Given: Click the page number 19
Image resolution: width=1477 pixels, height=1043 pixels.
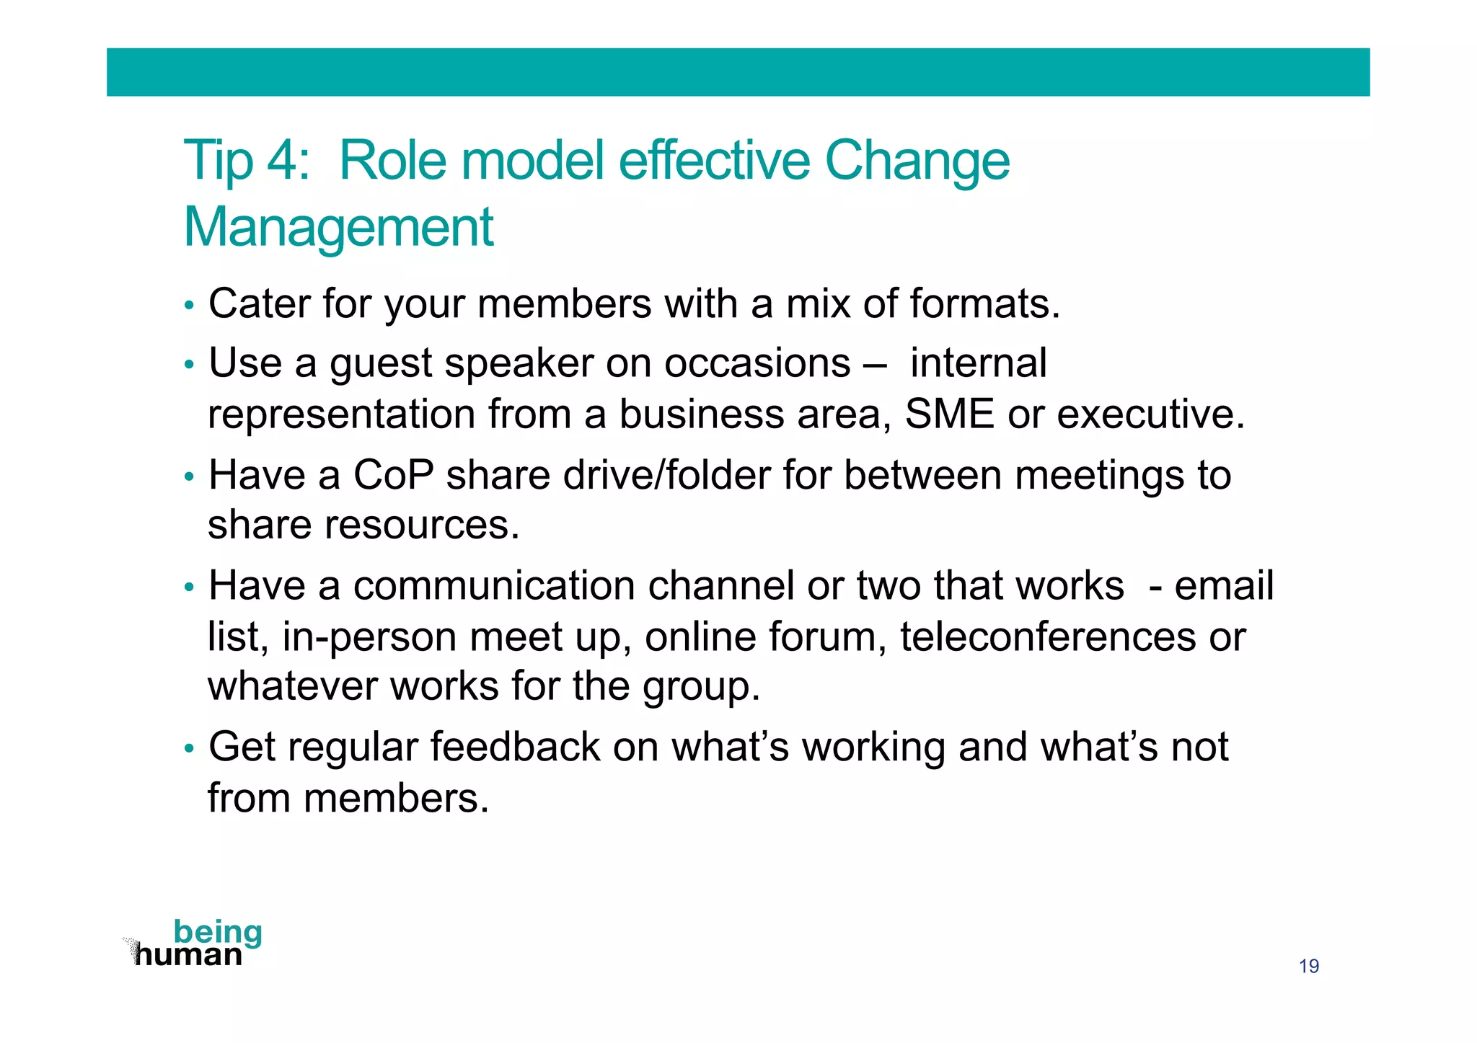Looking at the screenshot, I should pyautogui.click(x=1308, y=966).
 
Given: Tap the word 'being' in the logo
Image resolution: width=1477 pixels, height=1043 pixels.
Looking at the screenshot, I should pyautogui.click(x=218, y=932).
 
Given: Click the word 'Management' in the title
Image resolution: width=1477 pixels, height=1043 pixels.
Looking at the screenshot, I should pyautogui.click(x=338, y=227).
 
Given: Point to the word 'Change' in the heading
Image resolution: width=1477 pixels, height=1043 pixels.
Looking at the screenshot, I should pyautogui.click(x=917, y=160).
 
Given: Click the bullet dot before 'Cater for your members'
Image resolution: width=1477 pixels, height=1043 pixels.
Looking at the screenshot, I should pyautogui.click(x=189, y=306).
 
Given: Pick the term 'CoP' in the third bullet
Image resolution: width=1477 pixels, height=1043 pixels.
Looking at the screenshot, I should pyautogui.click(x=393, y=475).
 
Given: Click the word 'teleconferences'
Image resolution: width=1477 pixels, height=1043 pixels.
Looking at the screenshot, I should pyautogui.click(x=1048, y=637).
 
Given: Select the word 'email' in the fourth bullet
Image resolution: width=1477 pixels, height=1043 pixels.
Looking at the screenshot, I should pyautogui.click(x=1224, y=585).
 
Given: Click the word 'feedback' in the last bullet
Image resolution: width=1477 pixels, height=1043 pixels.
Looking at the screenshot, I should pyautogui.click(x=515, y=747).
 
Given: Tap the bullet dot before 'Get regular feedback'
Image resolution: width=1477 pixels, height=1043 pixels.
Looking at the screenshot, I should pyautogui.click(x=189, y=749).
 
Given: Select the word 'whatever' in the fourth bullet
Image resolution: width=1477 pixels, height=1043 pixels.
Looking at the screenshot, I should pyautogui.click(x=292, y=685).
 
